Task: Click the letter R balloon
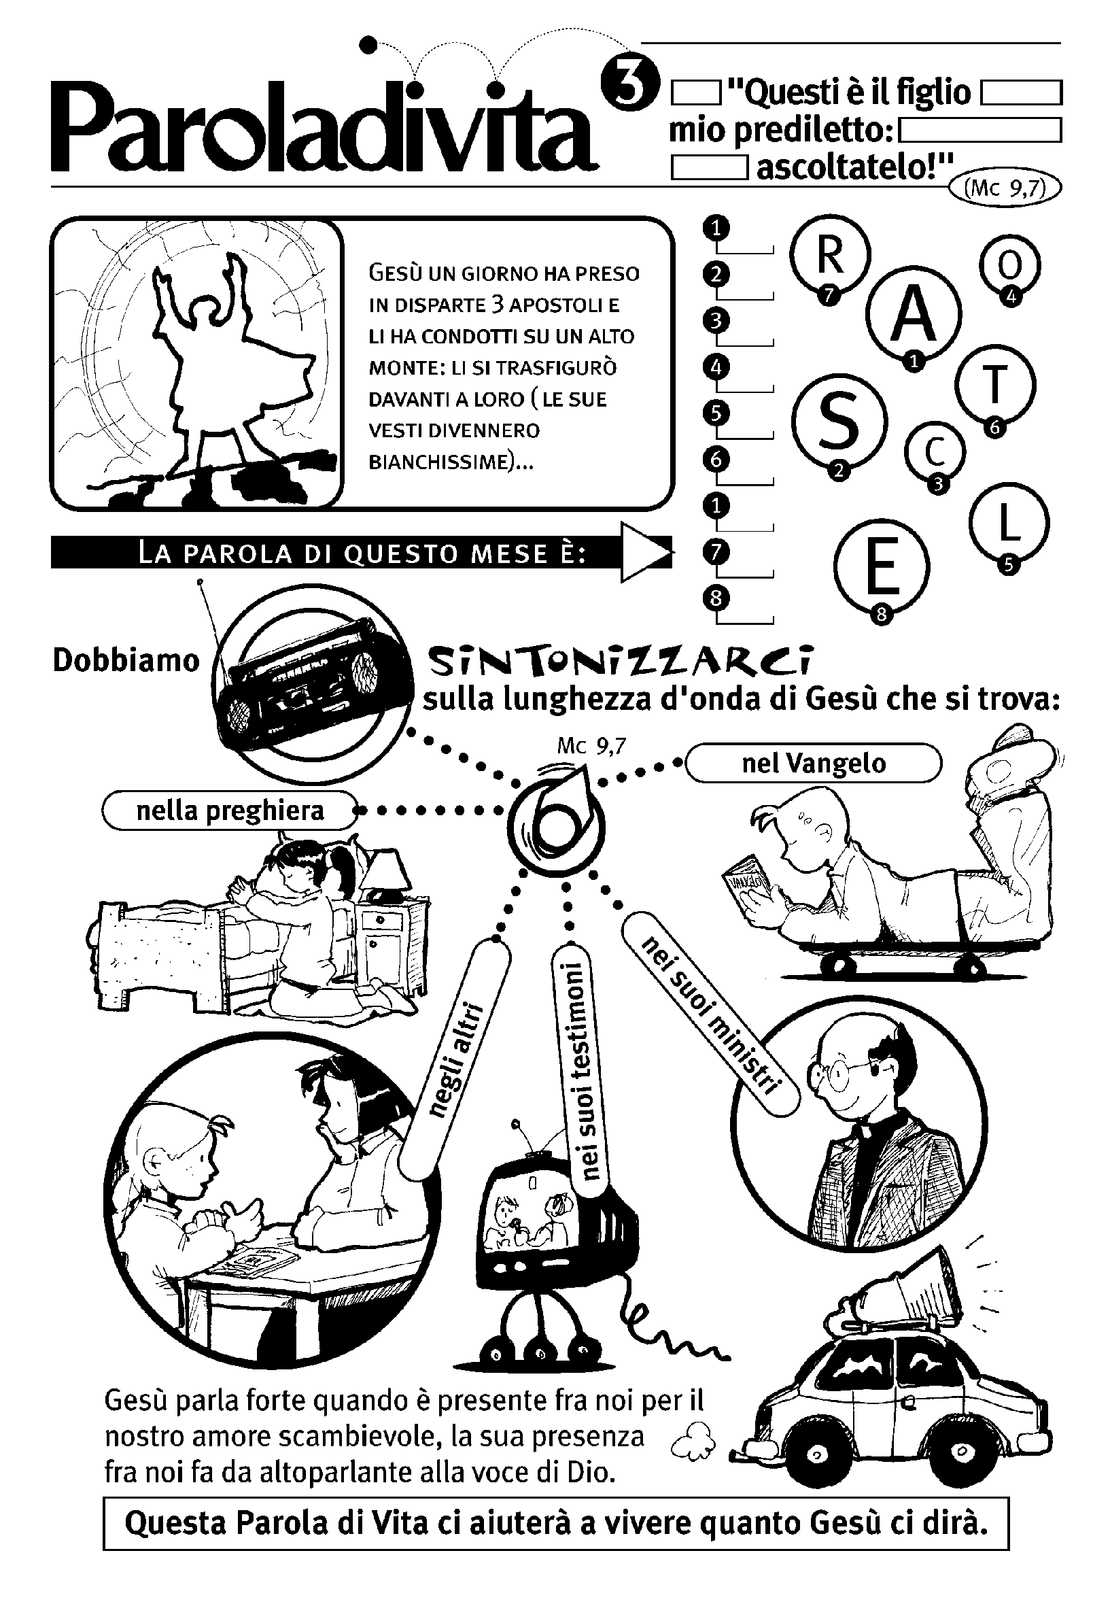pyautogui.click(x=830, y=255)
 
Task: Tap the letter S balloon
pyautogui.click(x=839, y=422)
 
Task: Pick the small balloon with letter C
pyautogui.click(x=935, y=452)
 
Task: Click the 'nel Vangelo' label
pyautogui.click(x=814, y=763)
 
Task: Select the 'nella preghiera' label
pyautogui.click(x=230, y=810)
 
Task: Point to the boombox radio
pyautogui.click(x=313, y=682)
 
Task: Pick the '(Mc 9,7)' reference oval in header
pyautogui.click(x=1006, y=188)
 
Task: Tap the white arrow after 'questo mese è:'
pyautogui.click(x=646, y=552)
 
